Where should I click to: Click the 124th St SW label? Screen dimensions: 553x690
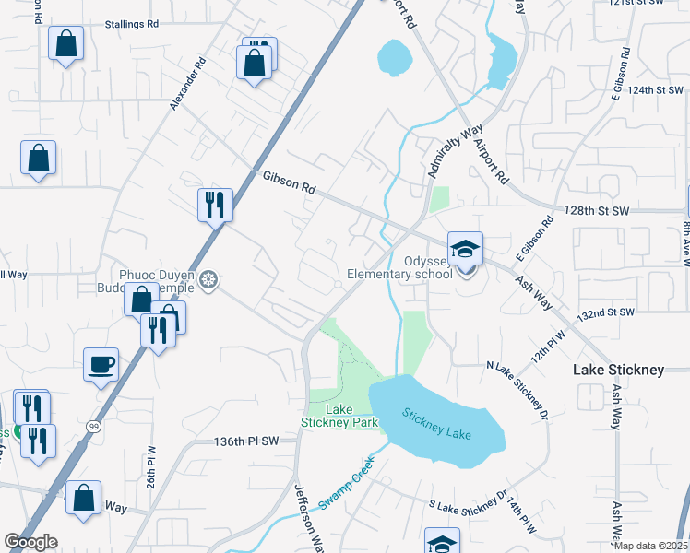[x=655, y=90]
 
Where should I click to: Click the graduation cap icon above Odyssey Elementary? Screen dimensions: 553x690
[x=465, y=249]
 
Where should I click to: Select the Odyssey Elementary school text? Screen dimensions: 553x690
[x=399, y=267]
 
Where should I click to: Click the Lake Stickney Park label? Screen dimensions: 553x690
[x=339, y=416]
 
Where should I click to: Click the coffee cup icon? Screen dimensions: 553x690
[x=101, y=364]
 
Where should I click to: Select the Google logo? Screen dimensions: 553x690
[x=30, y=541]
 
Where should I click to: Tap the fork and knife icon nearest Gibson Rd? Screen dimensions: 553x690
[x=214, y=204]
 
